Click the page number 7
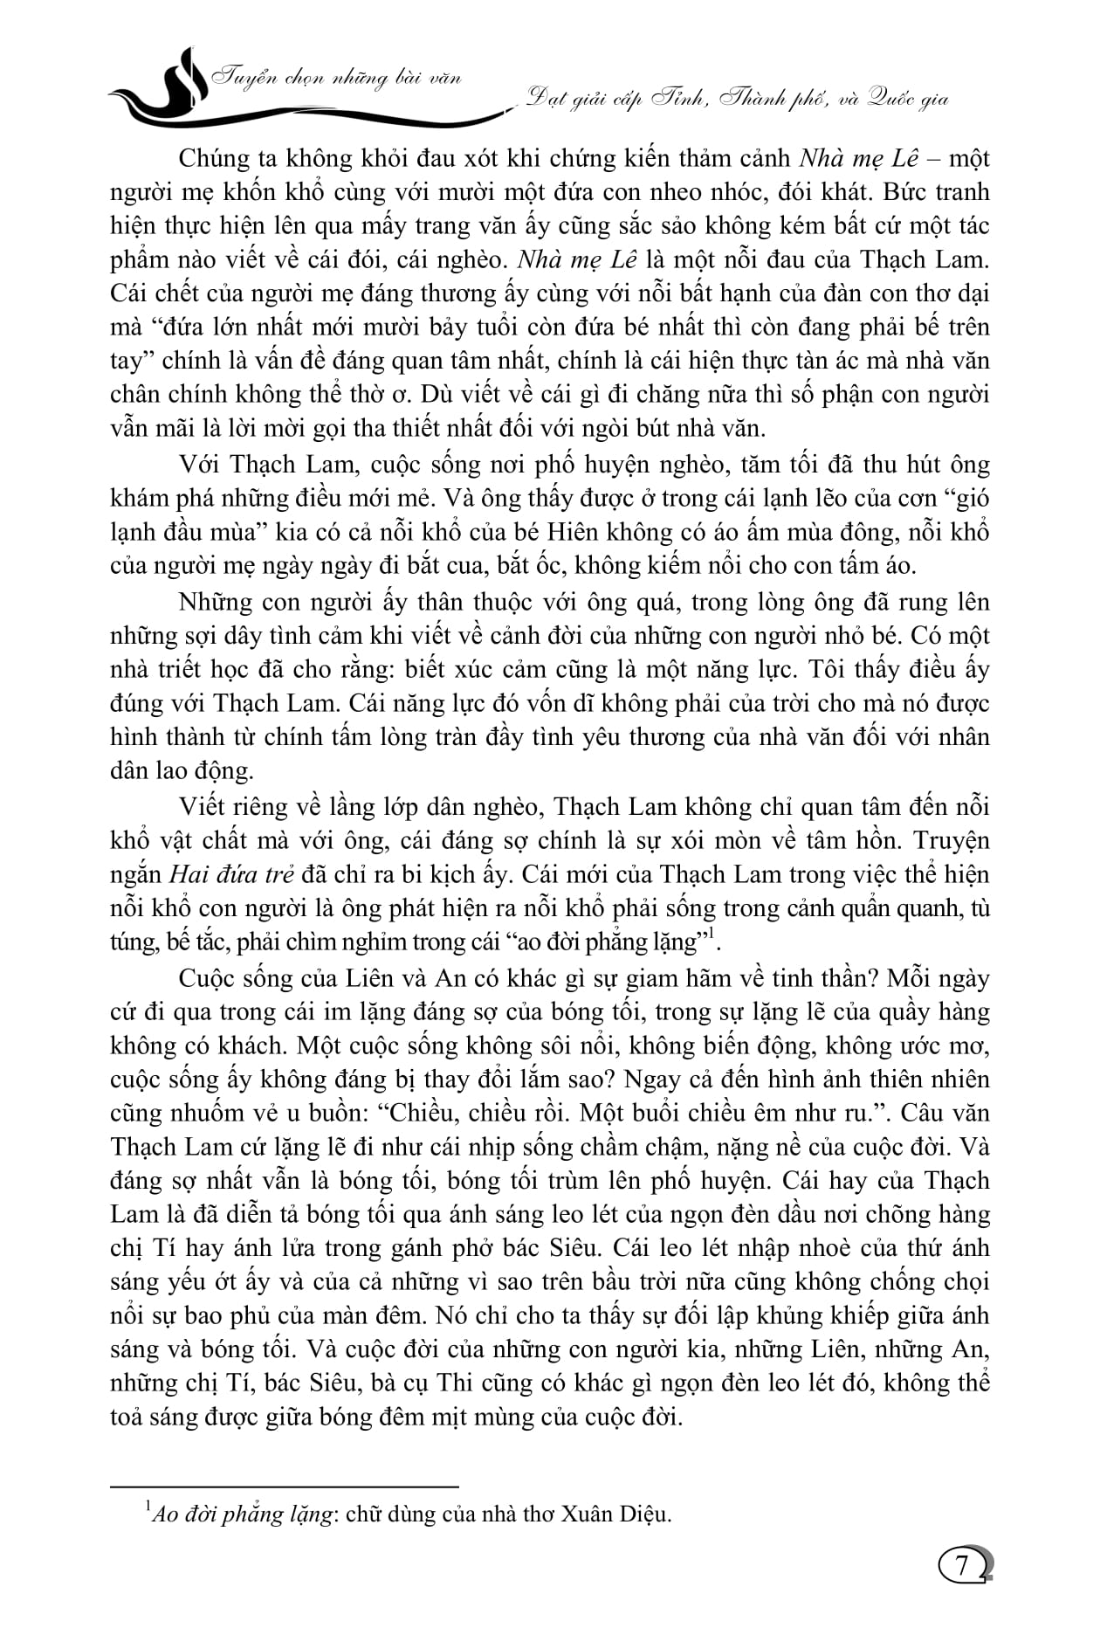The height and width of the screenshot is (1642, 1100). click(x=962, y=1564)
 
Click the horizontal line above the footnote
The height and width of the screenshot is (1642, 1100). click(x=284, y=1486)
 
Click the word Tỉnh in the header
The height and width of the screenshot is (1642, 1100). click(x=677, y=99)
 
